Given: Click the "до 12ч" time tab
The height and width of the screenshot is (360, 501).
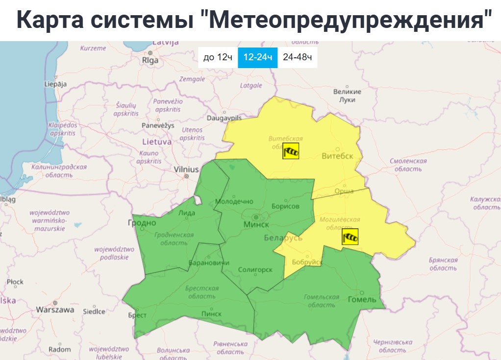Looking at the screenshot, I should pos(218,57).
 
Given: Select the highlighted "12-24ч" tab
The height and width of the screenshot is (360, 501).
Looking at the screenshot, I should pos(258,57).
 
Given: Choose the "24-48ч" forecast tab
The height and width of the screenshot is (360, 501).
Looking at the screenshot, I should pos(298,57).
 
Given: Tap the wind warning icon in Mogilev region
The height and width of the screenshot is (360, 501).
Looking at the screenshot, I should pos(350,237).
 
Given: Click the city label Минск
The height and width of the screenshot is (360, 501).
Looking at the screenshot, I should pos(256,224).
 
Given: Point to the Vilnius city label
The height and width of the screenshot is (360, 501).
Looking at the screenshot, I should pos(186,169).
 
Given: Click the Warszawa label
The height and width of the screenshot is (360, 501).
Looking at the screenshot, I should pos(55,310).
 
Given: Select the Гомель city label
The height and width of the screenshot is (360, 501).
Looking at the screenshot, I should pos(361,299).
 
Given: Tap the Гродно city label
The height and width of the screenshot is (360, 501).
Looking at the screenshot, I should pos(142,223).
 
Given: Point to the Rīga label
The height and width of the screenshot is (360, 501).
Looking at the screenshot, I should pos(150,61).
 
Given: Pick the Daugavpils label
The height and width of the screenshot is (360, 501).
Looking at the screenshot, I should pos(224,119).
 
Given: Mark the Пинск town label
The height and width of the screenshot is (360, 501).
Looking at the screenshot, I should pos(211,313).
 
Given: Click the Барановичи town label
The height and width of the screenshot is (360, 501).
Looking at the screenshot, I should pos(209,263).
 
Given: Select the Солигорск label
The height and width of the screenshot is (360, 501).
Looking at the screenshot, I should pos(254,269).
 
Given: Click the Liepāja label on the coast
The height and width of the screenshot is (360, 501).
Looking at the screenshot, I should pos(55,84).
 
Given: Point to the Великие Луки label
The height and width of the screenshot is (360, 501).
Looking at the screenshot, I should pos(347,96).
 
